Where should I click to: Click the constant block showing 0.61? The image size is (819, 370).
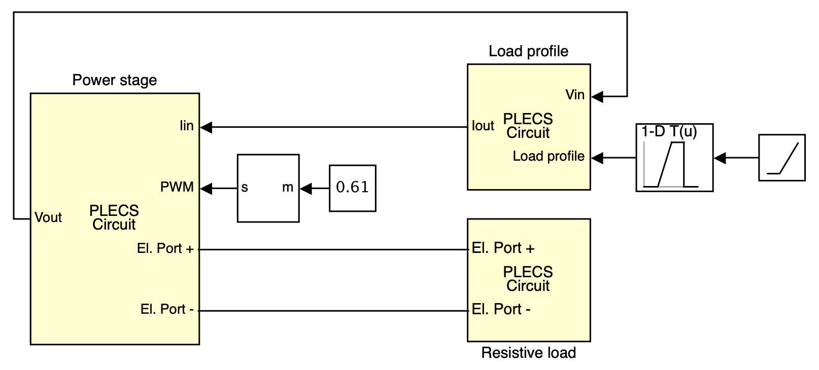pyautogui.click(x=352, y=188)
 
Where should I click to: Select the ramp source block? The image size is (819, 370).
pyautogui.click(x=781, y=158)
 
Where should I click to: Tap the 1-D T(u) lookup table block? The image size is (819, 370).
pyautogui.click(x=674, y=158)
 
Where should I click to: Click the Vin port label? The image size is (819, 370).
pyautogui.click(x=575, y=95)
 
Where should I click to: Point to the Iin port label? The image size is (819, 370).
pyautogui.click(x=187, y=126)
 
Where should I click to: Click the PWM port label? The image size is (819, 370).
pyautogui.click(x=177, y=187)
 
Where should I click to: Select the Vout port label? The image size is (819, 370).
pyautogui.click(x=48, y=217)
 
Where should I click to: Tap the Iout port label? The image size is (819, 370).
pyautogui.click(x=483, y=126)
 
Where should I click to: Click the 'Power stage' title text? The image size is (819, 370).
pyautogui.click(x=114, y=80)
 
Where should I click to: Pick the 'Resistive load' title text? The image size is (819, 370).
pyautogui.click(x=528, y=353)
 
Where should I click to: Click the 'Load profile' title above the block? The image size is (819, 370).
pyautogui.click(x=528, y=51)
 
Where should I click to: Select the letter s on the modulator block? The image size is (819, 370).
pyautogui.click(x=245, y=188)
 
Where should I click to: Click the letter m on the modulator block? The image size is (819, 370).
pyautogui.click(x=288, y=188)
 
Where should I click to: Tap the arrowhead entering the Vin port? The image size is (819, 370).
pyautogui.click(x=597, y=96)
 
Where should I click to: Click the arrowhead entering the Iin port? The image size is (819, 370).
pyautogui.click(x=206, y=127)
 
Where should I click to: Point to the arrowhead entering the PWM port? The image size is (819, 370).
pyautogui.click(x=206, y=189)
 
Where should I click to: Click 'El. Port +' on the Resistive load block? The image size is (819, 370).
pyautogui.click(x=503, y=248)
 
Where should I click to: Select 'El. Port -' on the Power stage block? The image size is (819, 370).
pyautogui.click(x=167, y=309)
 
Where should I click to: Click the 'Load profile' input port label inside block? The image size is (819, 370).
pyautogui.click(x=548, y=156)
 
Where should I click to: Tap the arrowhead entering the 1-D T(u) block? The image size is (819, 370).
pyautogui.click(x=720, y=158)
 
